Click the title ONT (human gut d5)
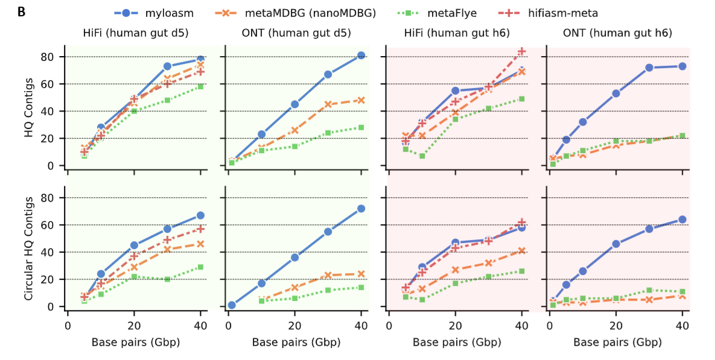(296, 33)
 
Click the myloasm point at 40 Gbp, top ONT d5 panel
(361, 55)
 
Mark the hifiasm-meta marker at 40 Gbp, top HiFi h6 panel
(521, 51)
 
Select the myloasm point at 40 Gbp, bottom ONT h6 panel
(682, 219)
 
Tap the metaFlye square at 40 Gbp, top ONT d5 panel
(361, 127)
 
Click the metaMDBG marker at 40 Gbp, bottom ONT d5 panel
(361, 274)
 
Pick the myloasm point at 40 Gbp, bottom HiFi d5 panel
(200, 215)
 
